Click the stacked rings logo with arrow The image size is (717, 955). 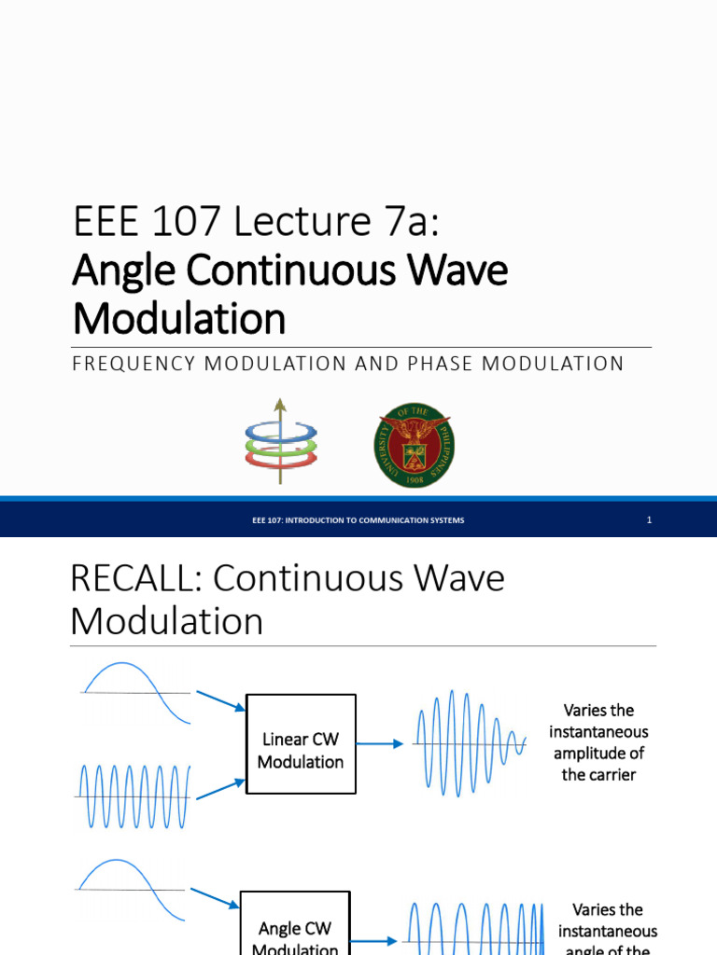(x=280, y=441)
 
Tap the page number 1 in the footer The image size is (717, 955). (x=649, y=520)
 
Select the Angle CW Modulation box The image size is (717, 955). (x=294, y=933)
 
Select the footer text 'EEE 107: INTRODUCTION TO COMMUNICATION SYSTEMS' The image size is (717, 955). (x=358, y=520)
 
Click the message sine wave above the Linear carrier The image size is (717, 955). (x=135, y=690)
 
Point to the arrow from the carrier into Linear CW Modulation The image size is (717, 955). (x=220, y=789)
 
